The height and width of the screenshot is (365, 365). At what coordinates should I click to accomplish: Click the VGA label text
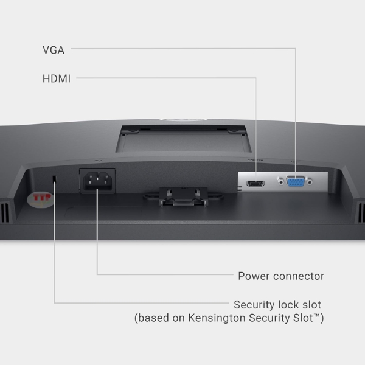(54, 50)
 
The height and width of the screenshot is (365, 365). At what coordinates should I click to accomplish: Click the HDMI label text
(57, 78)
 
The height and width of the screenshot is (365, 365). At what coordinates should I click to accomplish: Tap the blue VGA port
(295, 181)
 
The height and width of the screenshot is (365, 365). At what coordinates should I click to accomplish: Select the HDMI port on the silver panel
(255, 184)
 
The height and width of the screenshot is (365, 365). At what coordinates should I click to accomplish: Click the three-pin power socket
(97, 181)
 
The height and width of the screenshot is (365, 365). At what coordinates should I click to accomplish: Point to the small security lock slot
(54, 178)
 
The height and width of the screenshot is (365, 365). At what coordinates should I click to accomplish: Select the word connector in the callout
(299, 276)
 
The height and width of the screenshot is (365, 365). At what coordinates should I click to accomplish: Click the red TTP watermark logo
(41, 200)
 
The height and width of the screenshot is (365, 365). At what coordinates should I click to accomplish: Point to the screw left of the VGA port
(280, 181)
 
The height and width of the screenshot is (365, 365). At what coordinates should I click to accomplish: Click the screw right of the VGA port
(310, 181)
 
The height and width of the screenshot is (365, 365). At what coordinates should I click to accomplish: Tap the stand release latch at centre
(184, 197)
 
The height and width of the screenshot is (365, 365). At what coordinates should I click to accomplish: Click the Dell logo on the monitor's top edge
(183, 119)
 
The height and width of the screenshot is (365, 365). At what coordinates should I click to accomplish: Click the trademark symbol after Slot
(316, 315)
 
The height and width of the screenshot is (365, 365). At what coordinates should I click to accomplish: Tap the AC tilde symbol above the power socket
(97, 161)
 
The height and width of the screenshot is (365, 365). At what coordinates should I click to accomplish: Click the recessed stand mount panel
(184, 139)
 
